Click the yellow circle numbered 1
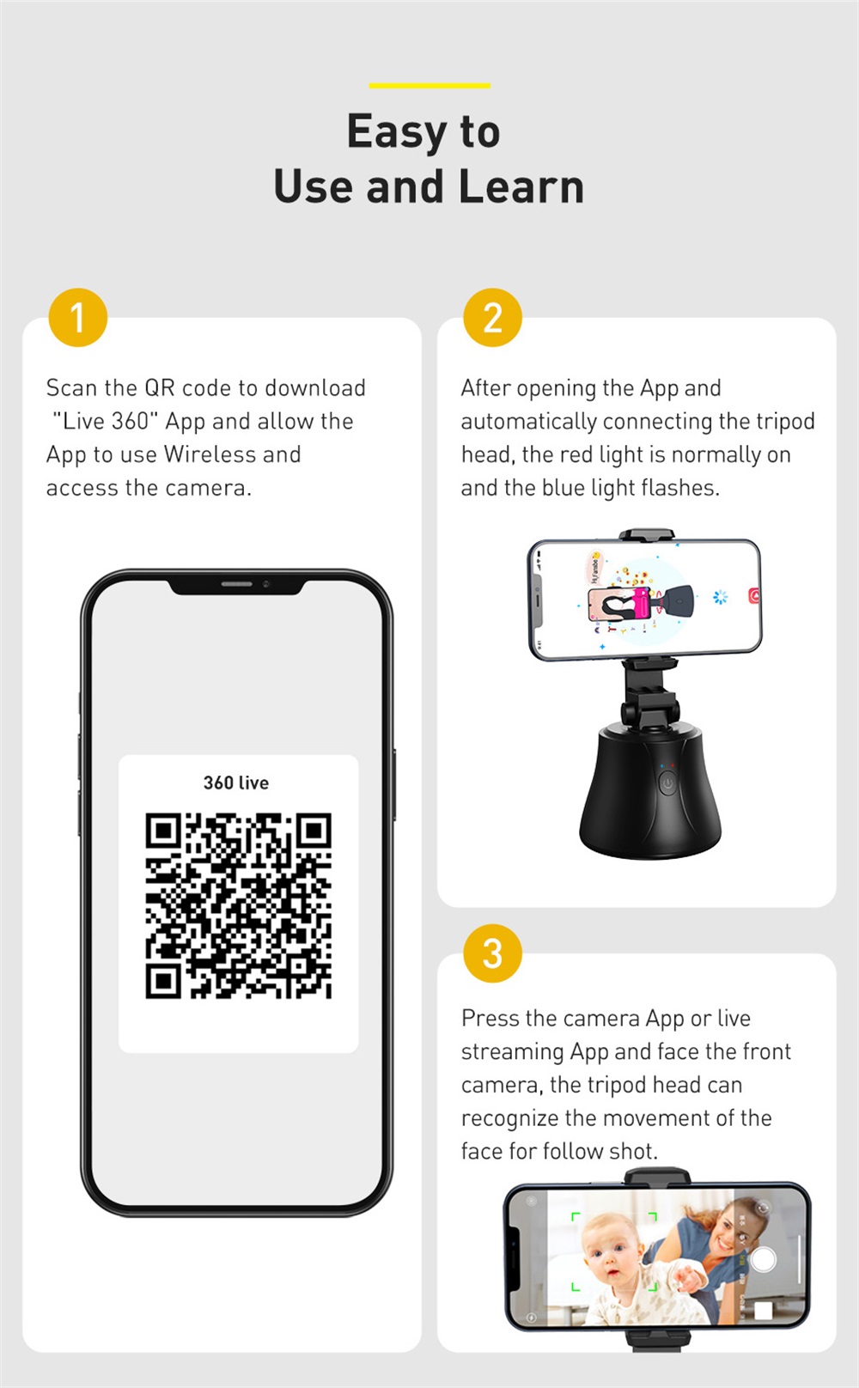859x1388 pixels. click(x=78, y=317)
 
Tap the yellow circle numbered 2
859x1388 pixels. click(x=493, y=317)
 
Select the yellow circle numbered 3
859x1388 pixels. click(x=493, y=953)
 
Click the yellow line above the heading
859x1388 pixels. click(x=429, y=86)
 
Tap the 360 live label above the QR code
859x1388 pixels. click(x=236, y=782)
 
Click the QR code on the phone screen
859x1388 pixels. click(x=239, y=905)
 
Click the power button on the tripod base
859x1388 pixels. click(x=667, y=783)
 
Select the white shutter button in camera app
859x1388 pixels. click(x=763, y=1260)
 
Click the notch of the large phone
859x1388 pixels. click(x=237, y=586)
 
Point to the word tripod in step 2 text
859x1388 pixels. click(x=785, y=423)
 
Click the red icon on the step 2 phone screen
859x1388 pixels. click(x=753, y=595)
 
